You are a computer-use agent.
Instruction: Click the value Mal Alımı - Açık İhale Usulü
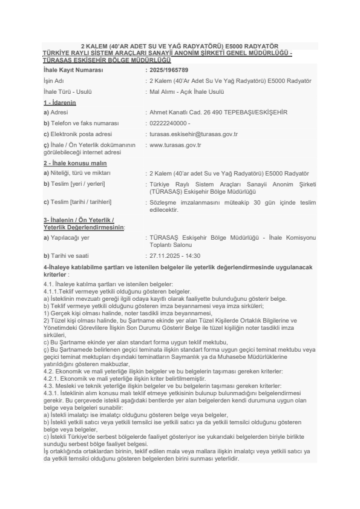186,91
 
